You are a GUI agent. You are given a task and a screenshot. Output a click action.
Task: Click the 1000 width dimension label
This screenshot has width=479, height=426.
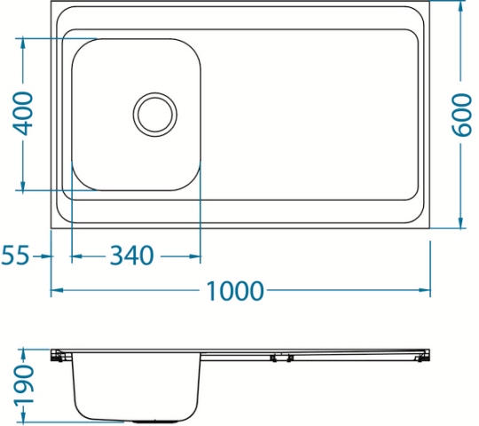click(x=234, y=290)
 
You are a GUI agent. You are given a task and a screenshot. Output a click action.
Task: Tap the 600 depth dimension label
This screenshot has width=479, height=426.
click(x=461, y=115)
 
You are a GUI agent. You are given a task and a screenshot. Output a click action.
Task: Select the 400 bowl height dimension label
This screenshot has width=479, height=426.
click(x=23, y=114)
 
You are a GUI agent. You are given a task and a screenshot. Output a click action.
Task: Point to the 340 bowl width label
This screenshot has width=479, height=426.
click(x=131, y=256)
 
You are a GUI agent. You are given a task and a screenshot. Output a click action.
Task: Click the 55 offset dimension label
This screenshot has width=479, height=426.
click(x=15, y=256)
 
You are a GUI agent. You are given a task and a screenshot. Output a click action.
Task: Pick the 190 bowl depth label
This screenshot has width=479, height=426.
click(x=24, y=386)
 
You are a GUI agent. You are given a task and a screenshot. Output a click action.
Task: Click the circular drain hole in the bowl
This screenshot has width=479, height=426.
click(x=155, y=114)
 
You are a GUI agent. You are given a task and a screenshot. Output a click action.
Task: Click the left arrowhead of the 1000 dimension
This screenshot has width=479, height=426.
click(x=57, y=290)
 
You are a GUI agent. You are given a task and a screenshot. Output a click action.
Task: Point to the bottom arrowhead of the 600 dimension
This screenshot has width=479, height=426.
click(x=461, y=222)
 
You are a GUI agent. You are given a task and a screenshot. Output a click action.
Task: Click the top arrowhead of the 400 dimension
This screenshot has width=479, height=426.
click(x=22, y=44)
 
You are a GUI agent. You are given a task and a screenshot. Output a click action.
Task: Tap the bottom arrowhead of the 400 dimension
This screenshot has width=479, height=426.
click(x=22, y=185)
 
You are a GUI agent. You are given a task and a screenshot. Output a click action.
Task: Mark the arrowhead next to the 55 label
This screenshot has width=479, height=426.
click(x=46, y=256)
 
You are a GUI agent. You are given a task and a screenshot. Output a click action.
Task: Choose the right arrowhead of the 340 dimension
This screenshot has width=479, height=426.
click(x=194, y=256)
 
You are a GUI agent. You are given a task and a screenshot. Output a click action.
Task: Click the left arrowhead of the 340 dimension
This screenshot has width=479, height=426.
click(x=77, y=256)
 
